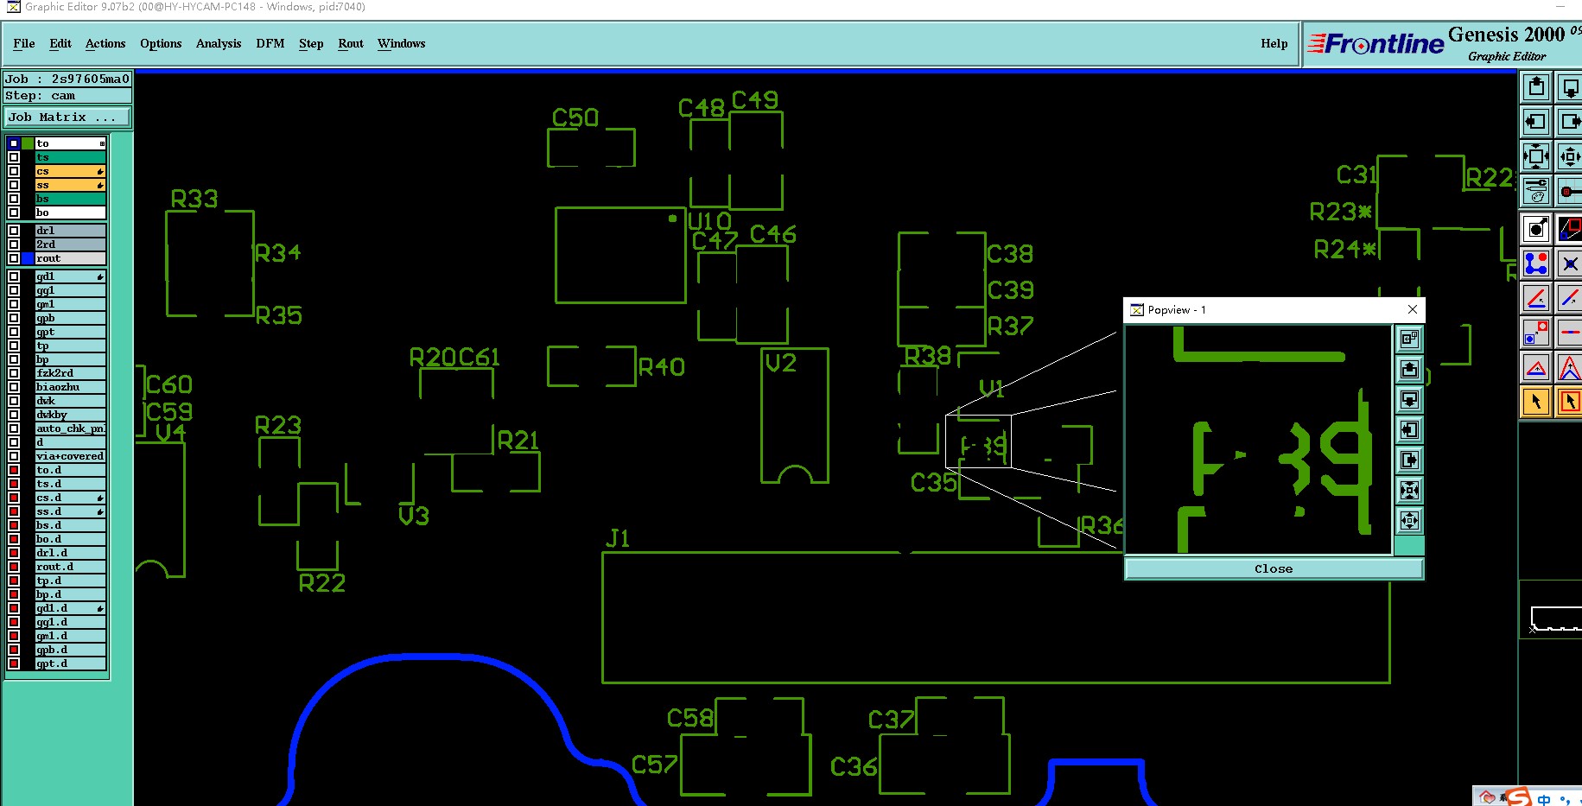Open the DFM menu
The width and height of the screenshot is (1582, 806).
pos(270,43)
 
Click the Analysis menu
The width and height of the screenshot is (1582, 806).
pos(218,43)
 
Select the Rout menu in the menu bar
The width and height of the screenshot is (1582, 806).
pos(350,43)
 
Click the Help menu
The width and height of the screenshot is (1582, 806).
pos(1274,43)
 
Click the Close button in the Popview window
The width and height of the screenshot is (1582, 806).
pos(1274,568)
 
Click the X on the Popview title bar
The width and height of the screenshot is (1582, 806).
pos(1413,309)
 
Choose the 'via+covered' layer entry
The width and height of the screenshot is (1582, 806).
pos(70,456)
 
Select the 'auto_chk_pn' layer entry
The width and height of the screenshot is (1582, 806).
pos(70,428)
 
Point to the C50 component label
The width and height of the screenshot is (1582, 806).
pos(575,117)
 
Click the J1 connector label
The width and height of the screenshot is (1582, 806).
pos(618,539)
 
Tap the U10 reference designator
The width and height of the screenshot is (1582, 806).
pos(709,221)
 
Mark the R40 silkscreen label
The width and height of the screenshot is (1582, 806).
pos(662,367)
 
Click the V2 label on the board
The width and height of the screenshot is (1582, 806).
pos(781,364)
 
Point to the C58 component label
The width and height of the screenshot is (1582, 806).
pos(690,718)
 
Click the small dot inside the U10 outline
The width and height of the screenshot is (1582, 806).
pos(672,219)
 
